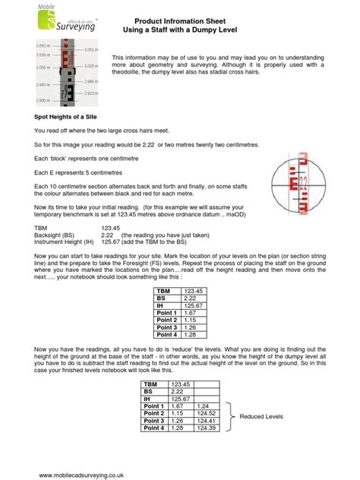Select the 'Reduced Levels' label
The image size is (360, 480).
[x=261, y=417]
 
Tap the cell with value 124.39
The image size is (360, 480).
[x=206, y=429]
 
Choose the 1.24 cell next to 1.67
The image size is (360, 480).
[x=206, y=407]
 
